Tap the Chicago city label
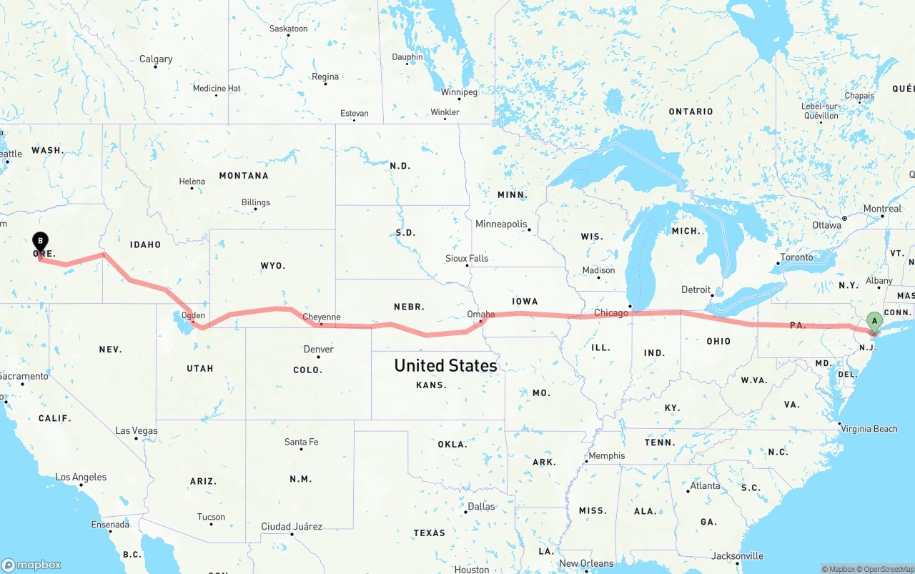point(611,312)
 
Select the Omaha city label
point(480,315)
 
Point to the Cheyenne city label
point(322,317)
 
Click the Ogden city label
point(193,315)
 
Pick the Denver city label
point(318,350)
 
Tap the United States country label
point(445,365)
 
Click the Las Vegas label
point(137,431)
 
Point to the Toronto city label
point(796,257)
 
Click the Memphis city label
point(606,456)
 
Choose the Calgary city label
point(156,59)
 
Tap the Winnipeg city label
point(459,92)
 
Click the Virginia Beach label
point(869,429)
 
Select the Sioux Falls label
point(467,259)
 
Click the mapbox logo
point(31,565)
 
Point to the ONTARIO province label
point(691,112)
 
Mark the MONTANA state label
point(244,176)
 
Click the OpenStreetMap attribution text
point(886,569)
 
